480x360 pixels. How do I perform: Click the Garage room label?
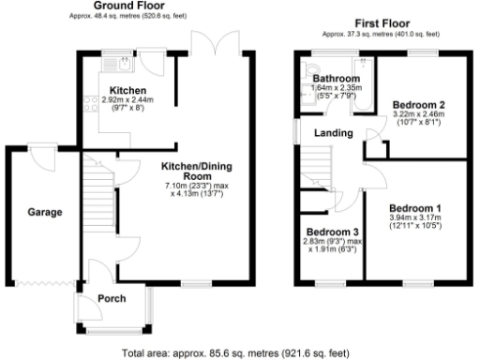[x=44, y=213]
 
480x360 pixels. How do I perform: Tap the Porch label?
[x=112, y=299]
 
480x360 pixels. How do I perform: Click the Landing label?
[x=333, y=134]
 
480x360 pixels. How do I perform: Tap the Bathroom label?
[x=337, y=79]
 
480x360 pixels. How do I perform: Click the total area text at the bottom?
[x=238, y=353]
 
